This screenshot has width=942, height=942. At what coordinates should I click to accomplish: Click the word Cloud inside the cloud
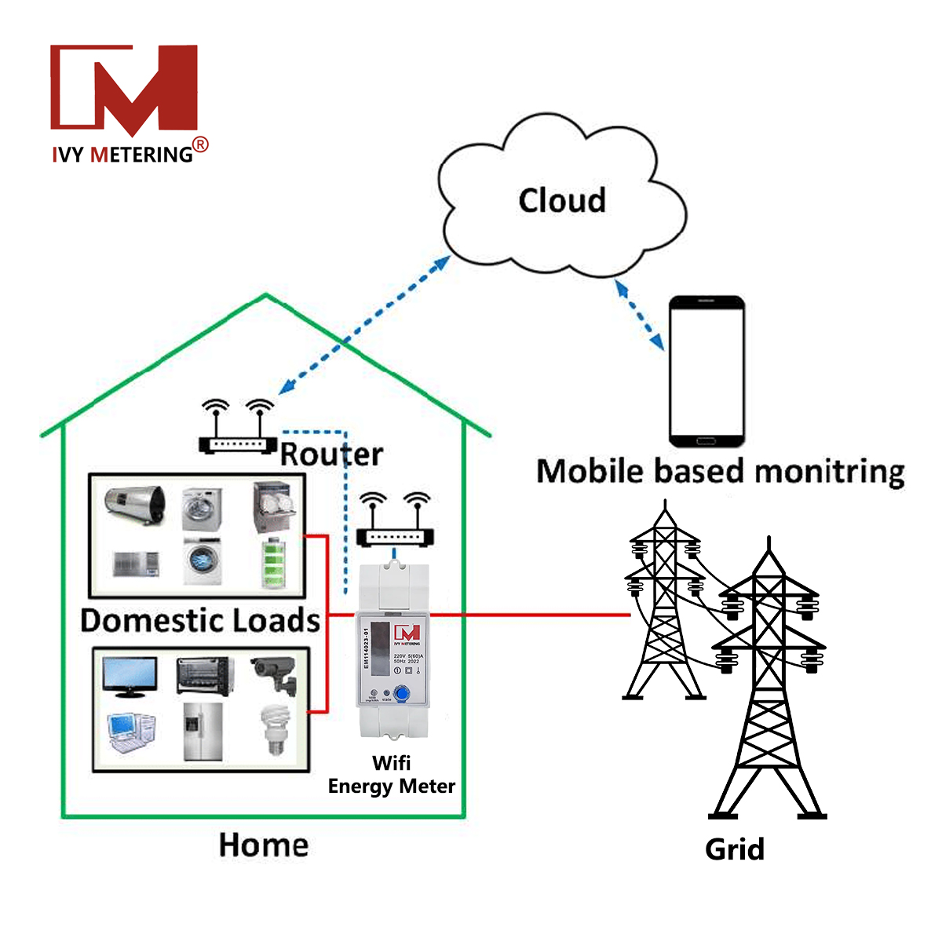coord(562,201)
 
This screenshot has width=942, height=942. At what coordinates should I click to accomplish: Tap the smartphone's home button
coord(706,437)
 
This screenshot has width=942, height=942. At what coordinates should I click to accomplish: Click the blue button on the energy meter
coord(403,694)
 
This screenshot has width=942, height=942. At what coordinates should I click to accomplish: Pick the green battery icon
coord(274,563)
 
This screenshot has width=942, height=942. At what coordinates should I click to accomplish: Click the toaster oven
coord(204,676)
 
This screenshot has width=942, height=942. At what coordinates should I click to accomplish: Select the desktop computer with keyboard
coord(130,732)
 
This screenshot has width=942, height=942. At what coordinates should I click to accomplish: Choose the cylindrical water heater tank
coord(136,506)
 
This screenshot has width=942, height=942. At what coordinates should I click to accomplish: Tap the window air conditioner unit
coord(135,564)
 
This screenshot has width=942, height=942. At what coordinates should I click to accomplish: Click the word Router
coord(331,455)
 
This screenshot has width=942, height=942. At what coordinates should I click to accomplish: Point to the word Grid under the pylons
coord(734,849)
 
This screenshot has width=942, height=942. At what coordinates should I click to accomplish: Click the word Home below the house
coord(264,845)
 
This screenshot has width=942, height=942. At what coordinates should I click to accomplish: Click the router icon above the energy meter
coord(395,522)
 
